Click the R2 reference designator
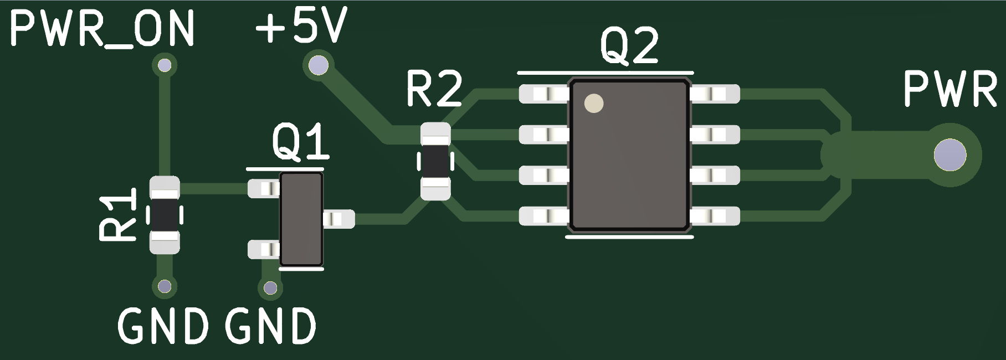(434, 89)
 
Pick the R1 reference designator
(118, 214)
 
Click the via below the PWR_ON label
(165, 66)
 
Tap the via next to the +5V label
(318, 66)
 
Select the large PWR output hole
(949, 155)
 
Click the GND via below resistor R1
(164, 286)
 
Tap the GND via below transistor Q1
(270, 288)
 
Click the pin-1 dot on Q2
(594, 104)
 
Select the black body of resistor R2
(435, 161)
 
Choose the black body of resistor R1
(165, 215)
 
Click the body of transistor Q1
(301, 219)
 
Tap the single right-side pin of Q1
(338, 219)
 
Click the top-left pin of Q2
(543, 94)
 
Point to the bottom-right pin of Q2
(715, 216)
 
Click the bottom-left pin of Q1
(264, 249)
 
